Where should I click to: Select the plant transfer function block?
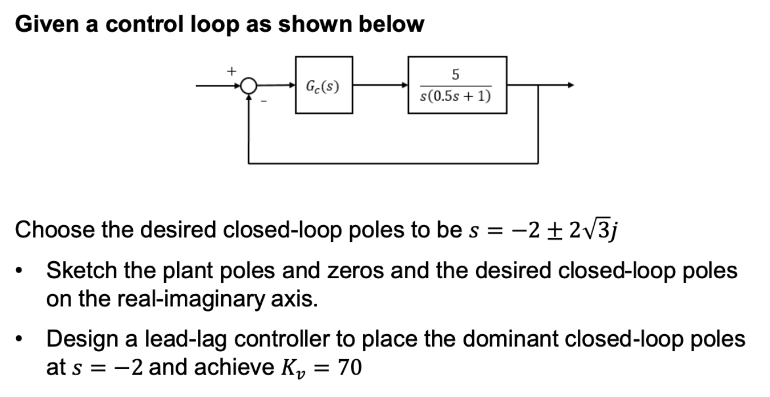click(457, 85)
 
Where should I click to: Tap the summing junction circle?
click(248, 86)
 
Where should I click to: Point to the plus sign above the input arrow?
click(230, 71)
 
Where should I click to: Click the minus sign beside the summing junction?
click(262, 102)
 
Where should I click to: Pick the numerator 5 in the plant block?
click(456, 74)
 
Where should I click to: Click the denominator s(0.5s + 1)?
click(456, 96)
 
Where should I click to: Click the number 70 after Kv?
click(349, 368)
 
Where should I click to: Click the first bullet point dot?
click(21, 272)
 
